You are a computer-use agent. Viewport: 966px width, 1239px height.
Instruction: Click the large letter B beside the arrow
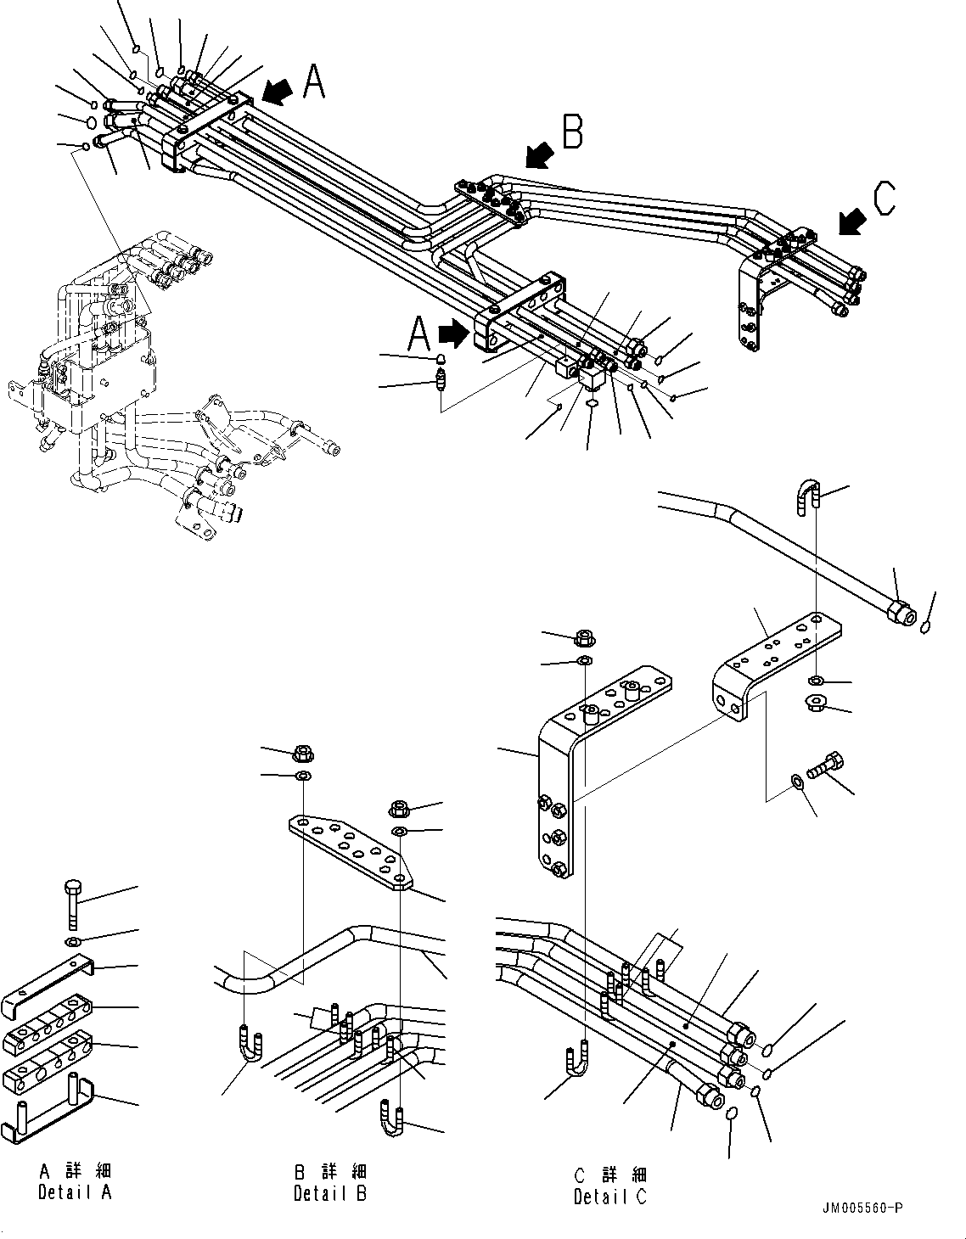click(573, 132)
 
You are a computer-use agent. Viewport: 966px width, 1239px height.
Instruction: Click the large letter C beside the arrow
click(884, 200)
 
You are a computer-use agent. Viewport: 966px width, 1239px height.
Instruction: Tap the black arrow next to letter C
click(851, 221)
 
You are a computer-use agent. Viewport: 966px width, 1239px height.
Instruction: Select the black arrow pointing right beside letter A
click(455, 333)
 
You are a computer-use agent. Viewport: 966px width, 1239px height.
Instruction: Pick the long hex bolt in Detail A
click(71, 905)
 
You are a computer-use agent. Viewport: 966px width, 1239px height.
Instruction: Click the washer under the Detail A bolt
click(73, 943)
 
